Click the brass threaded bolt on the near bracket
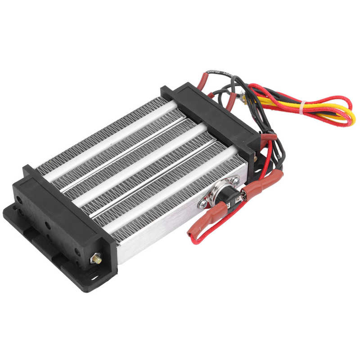point(95,260)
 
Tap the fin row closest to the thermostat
point(180,198)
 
